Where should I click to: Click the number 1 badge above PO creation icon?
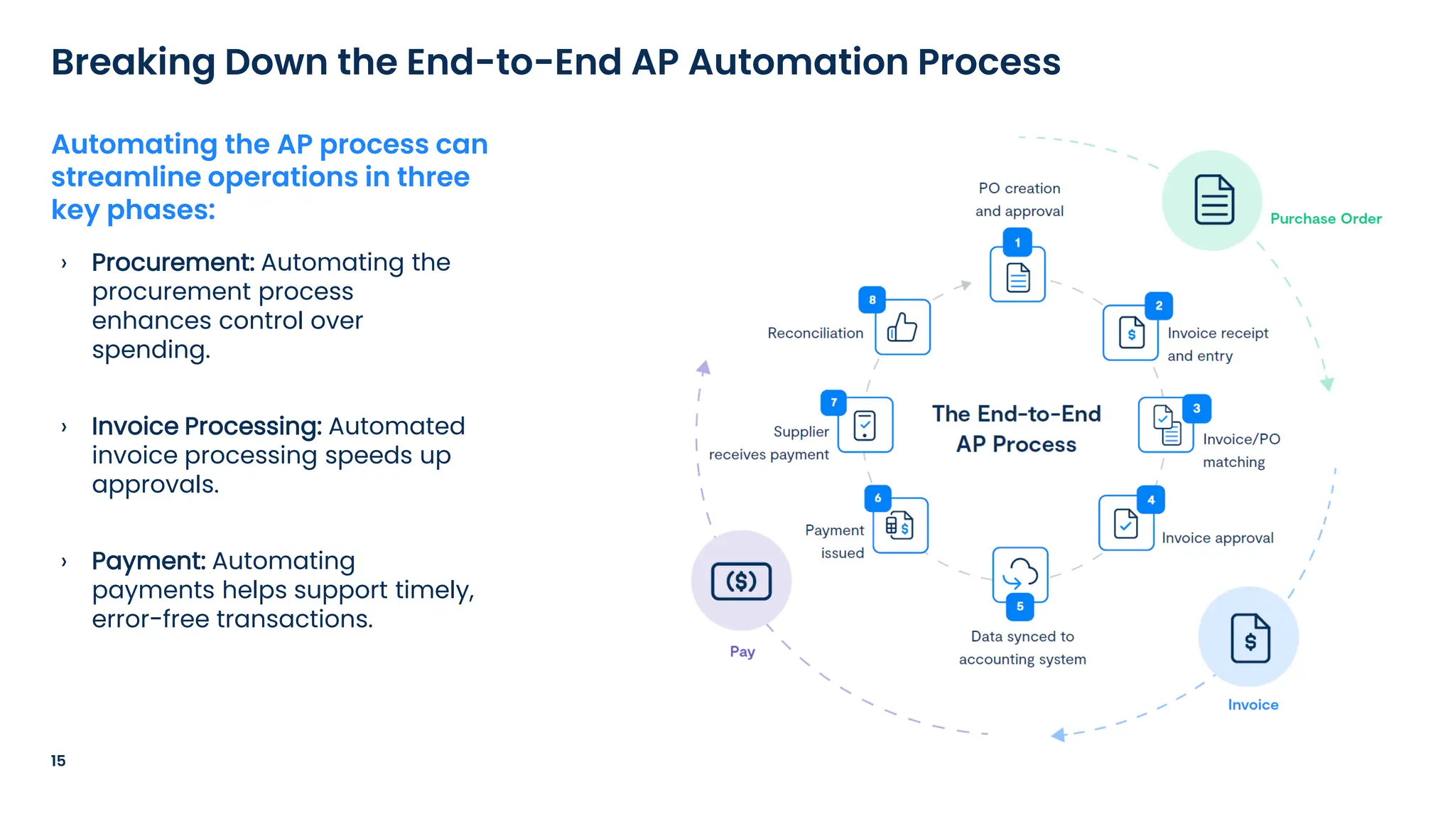(x=1017, y=242)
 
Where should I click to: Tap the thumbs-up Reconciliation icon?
(x=902, y=328)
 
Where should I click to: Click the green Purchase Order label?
(x=1326, y=219)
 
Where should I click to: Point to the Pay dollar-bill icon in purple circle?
(x=741, y=582)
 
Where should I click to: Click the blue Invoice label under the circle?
(x=1253, y=705)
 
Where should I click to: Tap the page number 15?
(x=58, y=761)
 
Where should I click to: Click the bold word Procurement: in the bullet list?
(x=173, y=262)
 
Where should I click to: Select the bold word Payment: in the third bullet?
(x=148, y=561)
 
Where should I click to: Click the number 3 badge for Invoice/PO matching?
(x=1196, y=409)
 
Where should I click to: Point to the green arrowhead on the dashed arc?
(x=1326, y=385)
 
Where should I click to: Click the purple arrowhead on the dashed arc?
(x=703, y=368)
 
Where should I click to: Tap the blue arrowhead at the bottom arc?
(x=1059, y=734)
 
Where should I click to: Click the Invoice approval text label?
(x=1217, y=538)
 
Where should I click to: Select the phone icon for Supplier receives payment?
(x=865, y=426)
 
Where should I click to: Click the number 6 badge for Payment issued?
(x=877, y=498)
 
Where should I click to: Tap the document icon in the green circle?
(x=1213, y=200)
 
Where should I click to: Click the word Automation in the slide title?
(x=798, y=62)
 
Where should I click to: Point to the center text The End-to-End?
(x=1016, y=414)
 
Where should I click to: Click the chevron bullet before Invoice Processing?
(x=64, y=427)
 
